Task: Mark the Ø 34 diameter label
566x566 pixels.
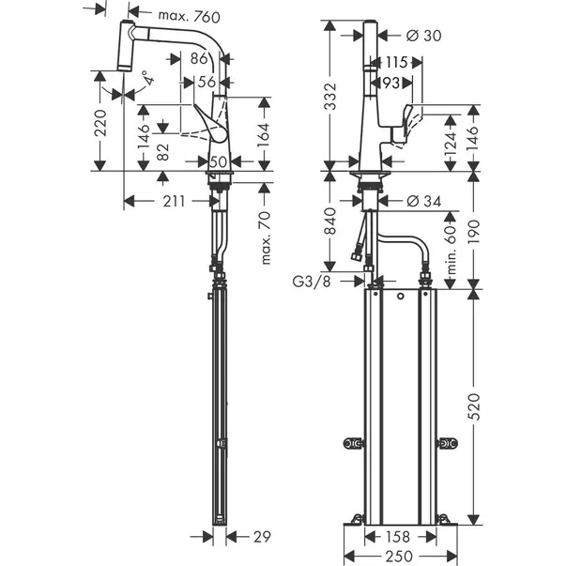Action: [x=424, y=201]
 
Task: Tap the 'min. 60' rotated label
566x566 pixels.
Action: [x=450, y=248]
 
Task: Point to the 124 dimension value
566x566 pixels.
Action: [x=450, y=143]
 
